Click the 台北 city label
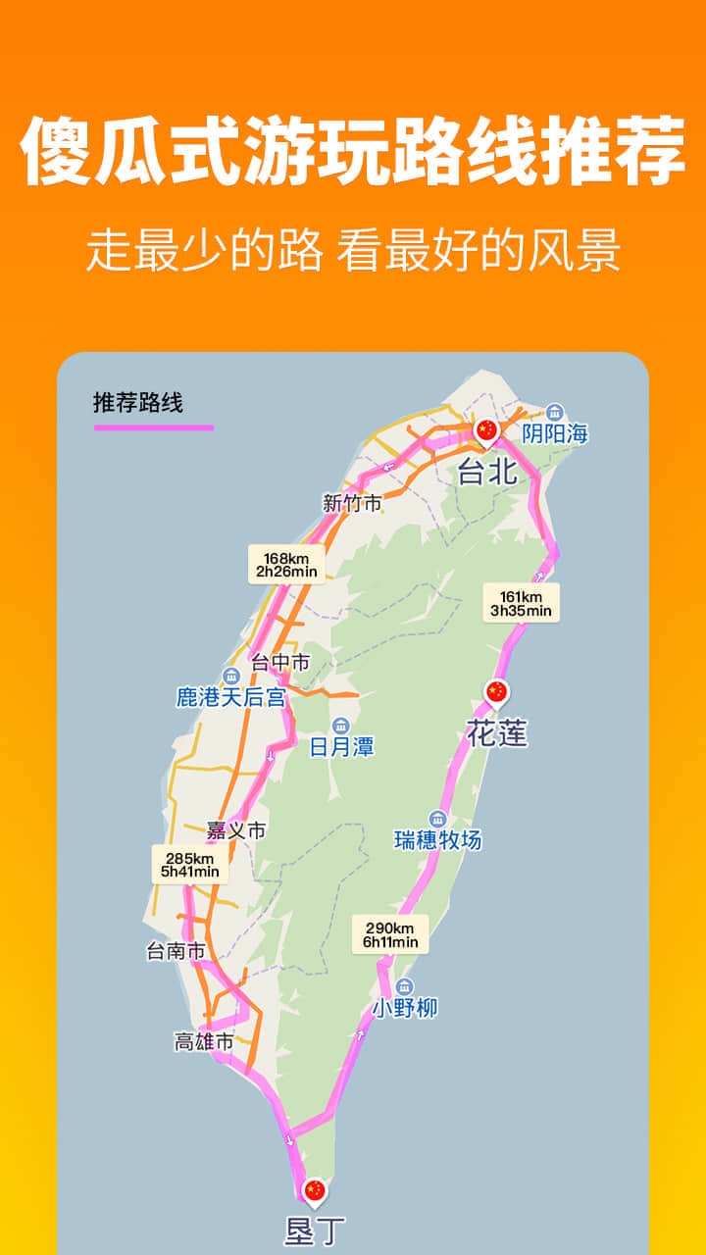coord(487,473)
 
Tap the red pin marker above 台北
coord(486,430)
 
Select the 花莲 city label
coord(496,732)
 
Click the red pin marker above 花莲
coord(497,692)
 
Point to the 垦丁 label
coord(314,1230)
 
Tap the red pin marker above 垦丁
coord(314,1190)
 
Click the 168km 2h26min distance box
coord(286,565)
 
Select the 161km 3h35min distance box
coord(521,603)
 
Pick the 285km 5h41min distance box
coord(190,864)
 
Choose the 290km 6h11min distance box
coord(391,935)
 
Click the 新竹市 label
coord(352,504)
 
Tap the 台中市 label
coord(280,663)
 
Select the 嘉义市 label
coord(236,830)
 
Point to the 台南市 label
coord(176,950)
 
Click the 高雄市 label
coord(204,1042)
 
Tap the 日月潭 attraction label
coord(341,747)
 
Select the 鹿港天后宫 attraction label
coord(230,697)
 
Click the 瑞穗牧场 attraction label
coord(437,839)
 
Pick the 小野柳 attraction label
coord(404,1007)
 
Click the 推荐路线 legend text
coord(138,403)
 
